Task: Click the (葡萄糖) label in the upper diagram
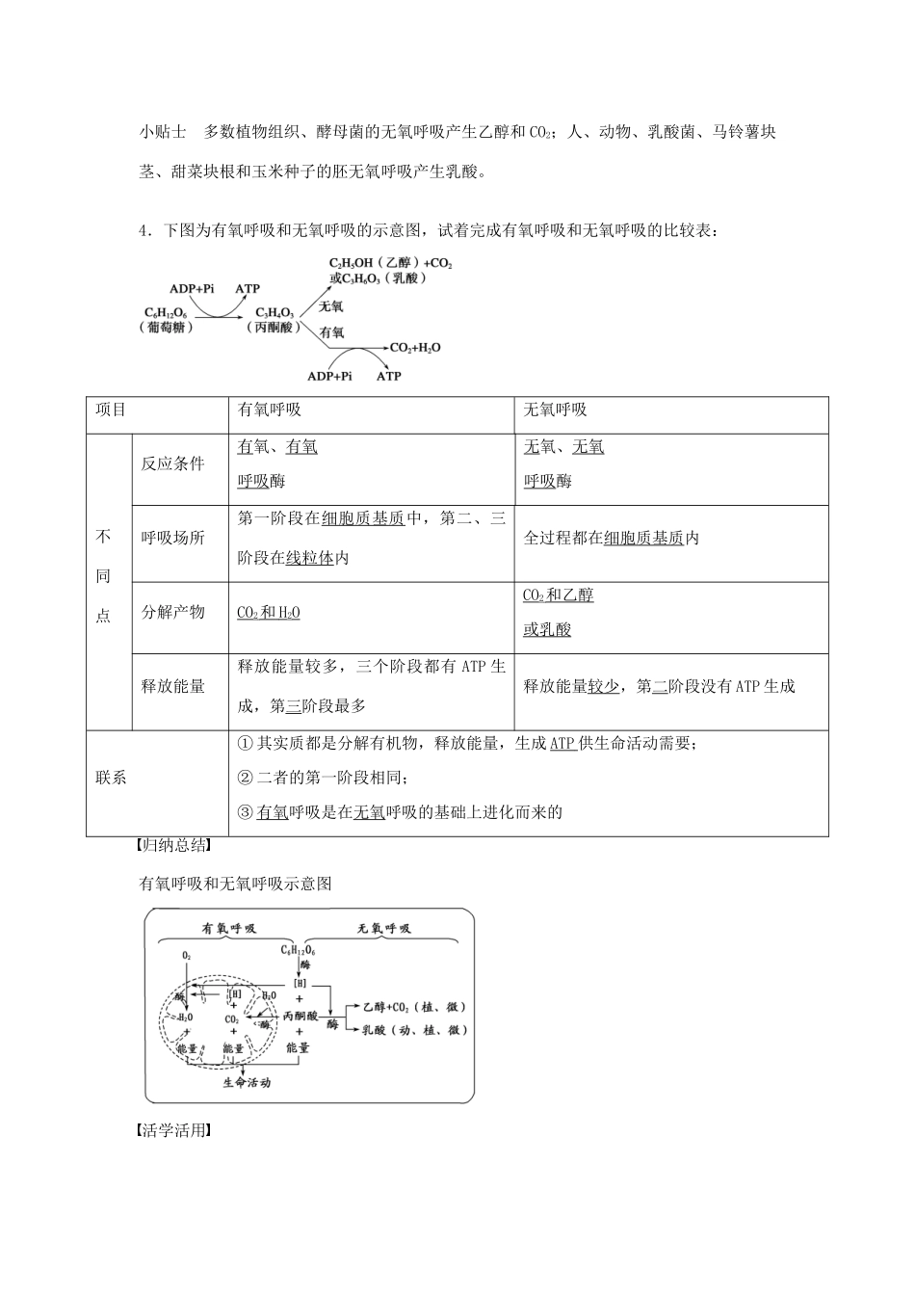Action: tap(167, 328)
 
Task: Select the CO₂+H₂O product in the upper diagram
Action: tap(415, 347)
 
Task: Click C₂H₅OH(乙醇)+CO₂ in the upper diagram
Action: tap(390, 262)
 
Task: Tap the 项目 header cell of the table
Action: tap(112, 410)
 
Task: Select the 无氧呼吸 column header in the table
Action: tap(556, 410)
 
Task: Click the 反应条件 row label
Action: tap(173, 463)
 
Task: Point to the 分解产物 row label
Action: tap(173, 612)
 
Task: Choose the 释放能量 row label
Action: tap(173, 686)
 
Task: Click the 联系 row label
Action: tap(112, 778)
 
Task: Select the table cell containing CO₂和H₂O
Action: tap(269, 612)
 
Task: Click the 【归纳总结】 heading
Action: tap(172, 849)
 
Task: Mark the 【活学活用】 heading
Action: tap(172, 1131)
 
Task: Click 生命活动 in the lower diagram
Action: tap(247, 1083)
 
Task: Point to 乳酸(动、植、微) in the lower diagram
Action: tap(414, 1030)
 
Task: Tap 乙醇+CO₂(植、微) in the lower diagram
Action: tap(414, 1007)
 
